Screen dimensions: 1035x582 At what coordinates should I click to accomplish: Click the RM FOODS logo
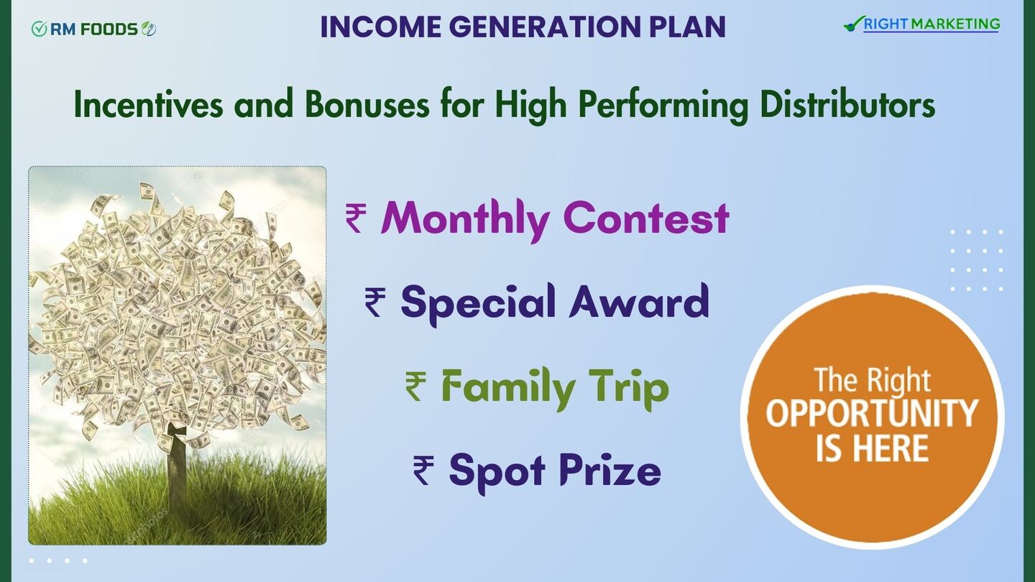(x=93, y=29)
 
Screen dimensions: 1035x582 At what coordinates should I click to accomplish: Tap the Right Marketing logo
(x=921, y=24)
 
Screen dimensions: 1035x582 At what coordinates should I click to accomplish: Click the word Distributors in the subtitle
(x=847, y=105)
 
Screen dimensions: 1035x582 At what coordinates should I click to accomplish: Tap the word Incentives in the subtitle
(x=148, y=105)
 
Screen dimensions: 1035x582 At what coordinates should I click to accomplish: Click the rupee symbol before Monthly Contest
(x=356, y=219)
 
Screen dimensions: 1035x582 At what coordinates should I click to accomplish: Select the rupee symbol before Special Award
(x=374, y=302)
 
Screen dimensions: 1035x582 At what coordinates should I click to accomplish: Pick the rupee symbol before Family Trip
(x=415, y=387)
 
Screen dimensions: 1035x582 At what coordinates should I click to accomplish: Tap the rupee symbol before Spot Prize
(x=423, y=470)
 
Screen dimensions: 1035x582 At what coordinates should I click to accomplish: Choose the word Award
(x=639, y=302)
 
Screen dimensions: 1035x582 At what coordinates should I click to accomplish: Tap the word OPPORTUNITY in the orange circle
(x=872, y=412)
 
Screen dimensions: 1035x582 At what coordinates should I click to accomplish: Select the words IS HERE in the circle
(x=872, y=448)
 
